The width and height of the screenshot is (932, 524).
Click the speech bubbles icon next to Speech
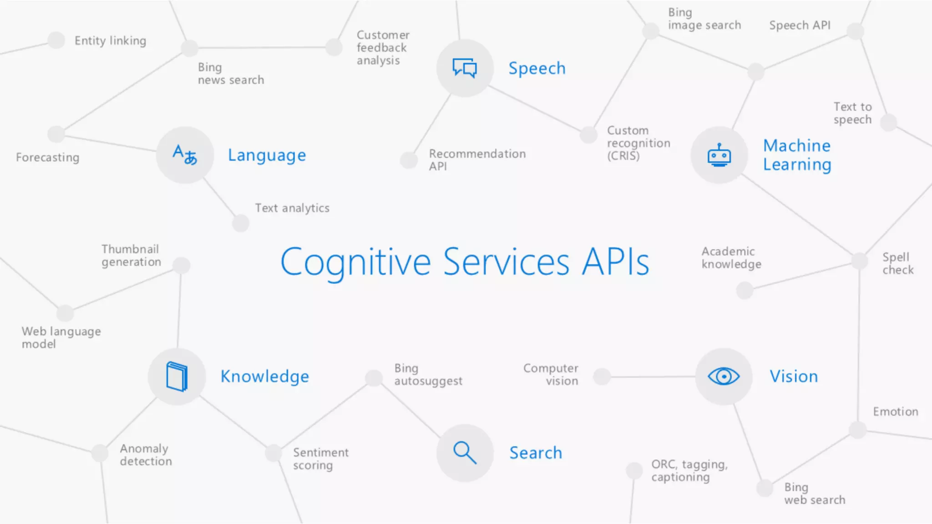click(x=465, y=68)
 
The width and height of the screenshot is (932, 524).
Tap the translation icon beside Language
click(x=185, y=155)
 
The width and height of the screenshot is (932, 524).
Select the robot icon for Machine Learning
click(x=719, y=155)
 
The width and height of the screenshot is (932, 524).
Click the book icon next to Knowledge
click(x=177, y=376)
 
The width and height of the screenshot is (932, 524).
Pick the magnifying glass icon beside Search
click(x=465, y=453)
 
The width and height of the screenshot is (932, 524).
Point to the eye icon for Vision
click(x=724, y=376)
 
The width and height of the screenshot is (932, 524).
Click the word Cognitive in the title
click(x=355, y=262)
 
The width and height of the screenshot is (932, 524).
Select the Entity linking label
click(x=110, y=41)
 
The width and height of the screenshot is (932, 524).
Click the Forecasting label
click(x=47, y=157)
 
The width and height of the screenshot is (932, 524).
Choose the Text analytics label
click(x=292, y=208)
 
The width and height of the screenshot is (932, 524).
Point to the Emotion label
click(x=895, y=412)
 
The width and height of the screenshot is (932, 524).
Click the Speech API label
click(x=800, y=25)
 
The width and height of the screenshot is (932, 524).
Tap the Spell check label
click(x=897, y=263)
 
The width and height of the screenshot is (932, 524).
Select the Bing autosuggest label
click(x=428, y=374)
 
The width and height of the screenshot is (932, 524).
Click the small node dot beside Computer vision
click(x=602, y=377)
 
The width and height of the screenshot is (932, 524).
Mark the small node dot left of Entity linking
click(x=56, y=40)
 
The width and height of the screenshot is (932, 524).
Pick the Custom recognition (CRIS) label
click(x=638, y=143)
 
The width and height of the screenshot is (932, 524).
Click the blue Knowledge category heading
click(x=264, y=377)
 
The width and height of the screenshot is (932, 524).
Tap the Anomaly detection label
click(x=146, y=455)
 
